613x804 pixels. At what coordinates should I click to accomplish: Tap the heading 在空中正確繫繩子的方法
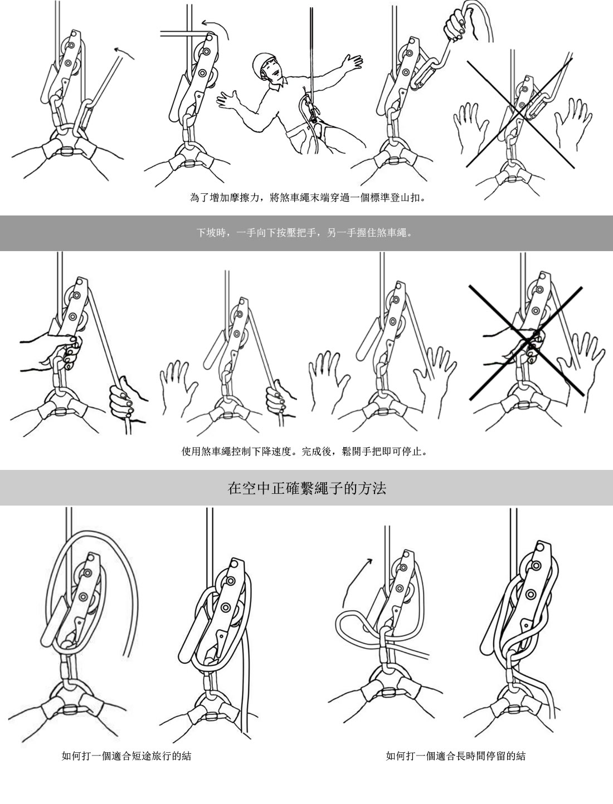307,488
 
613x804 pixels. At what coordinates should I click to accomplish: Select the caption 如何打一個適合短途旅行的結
127,756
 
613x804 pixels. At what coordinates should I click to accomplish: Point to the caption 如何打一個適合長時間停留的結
456,756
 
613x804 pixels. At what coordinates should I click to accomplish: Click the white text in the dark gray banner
304,233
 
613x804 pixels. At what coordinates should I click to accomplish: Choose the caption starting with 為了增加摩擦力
308,198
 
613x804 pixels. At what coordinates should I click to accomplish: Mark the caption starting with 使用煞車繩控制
305,451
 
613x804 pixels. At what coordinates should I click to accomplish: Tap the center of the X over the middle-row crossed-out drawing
527,341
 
